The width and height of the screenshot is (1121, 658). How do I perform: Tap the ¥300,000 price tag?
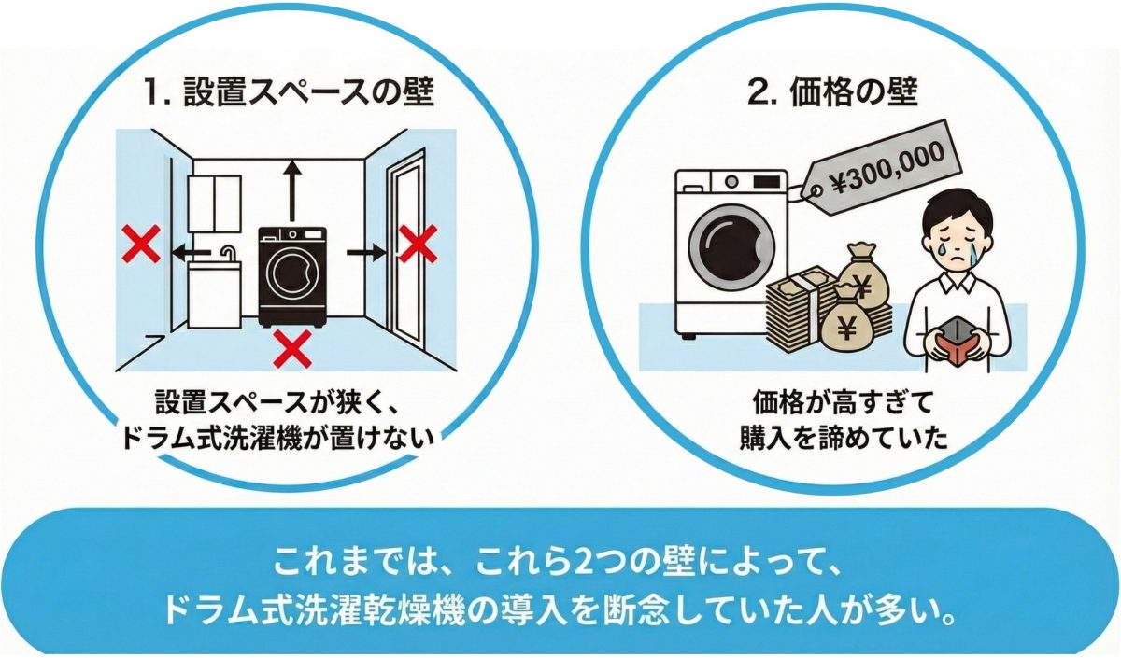pyautogui.click(x=880, y=168)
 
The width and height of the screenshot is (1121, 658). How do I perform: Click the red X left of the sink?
pyautogui.click(x=142, y=244)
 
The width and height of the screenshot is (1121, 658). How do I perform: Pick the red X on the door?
pyautogui.click(x=418, y=244)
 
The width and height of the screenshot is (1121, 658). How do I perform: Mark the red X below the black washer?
pyautogui.click(x=292, y=349)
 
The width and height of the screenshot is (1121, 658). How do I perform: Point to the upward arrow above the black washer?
pyautogui.click(x=291, y=191)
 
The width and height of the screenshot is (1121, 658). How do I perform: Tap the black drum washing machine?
pyautogui.click(x=292, y=277)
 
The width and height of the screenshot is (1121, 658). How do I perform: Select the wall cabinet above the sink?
pyautogui.click(x=215, y=203)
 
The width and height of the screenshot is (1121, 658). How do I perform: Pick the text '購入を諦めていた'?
pyautogui.click(x=844, y=438)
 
